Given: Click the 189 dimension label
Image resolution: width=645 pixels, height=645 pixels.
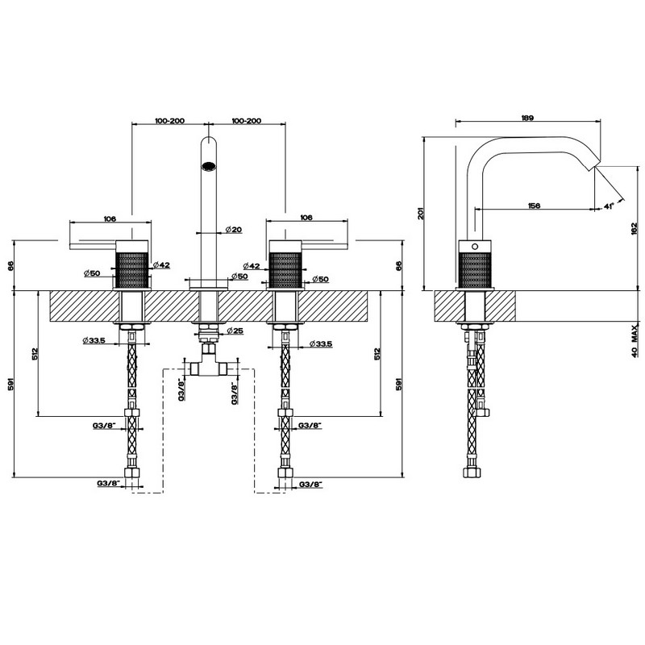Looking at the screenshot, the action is pos(527,118).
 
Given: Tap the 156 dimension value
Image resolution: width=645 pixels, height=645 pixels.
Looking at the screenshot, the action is pos(534,206).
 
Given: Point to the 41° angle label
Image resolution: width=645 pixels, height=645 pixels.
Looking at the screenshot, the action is pos(609,206).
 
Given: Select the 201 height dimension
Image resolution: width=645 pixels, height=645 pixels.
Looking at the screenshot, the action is pos(421,213).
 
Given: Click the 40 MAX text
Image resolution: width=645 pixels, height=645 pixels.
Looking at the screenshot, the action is pos(635,340).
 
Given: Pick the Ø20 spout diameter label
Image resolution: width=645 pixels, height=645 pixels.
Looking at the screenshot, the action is pos(234,230).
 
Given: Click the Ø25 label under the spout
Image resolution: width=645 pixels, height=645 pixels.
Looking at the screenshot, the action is pos(235,331).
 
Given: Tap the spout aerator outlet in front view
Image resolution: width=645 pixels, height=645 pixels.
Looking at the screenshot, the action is pos(209,166).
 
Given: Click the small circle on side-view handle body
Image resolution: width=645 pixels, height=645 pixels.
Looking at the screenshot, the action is pos(475,247).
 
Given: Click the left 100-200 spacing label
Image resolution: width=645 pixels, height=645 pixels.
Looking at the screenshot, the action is pos(169,120).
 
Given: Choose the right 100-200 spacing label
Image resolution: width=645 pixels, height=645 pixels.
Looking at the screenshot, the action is pos(247,120).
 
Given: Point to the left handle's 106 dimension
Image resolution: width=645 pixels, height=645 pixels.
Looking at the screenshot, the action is pos(110,218).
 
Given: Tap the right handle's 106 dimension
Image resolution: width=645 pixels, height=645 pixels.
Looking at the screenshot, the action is pos(306,217).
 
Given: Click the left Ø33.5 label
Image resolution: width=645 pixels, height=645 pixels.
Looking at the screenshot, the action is pos(94,340).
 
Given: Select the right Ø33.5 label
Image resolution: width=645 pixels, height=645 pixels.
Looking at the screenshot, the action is pos(320,343).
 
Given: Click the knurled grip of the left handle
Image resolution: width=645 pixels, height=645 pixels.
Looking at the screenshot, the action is pos(131,270).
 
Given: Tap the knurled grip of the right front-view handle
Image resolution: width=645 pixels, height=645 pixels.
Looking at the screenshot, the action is pos(285,270).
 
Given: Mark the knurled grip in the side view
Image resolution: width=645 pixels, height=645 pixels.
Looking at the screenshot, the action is pos(475,270).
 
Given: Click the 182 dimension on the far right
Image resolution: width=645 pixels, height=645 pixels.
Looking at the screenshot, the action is pos(634,228).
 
